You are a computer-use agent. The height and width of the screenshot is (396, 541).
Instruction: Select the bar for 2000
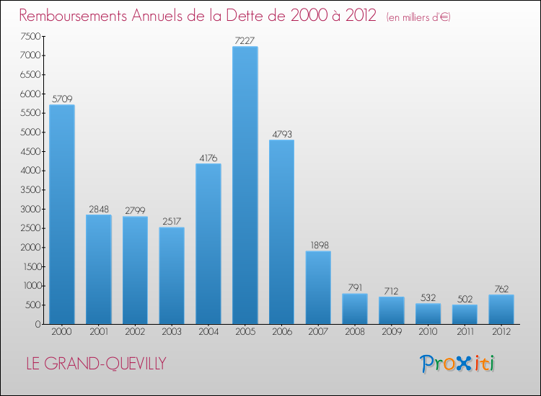click(x=62, y=215)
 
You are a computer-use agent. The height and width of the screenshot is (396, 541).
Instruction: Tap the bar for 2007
click(x=318, y=287)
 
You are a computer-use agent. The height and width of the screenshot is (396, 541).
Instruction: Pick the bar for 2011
click(x=465, y=314)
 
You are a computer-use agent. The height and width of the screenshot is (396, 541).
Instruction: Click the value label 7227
click(x=245, y=40)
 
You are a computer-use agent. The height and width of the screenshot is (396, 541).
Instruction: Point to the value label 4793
click(x=282, y=134)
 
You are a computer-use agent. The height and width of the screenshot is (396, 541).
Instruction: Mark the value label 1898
click(x=318, y=245)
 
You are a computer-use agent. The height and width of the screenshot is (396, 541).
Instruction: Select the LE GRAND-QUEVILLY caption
click(x=95, y=364)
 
